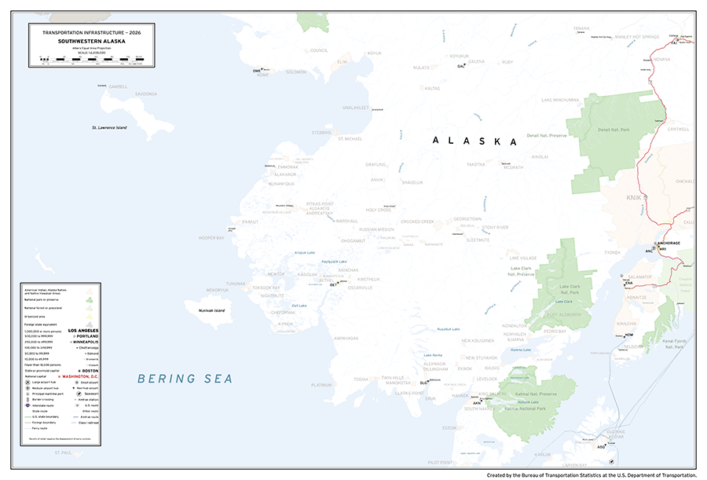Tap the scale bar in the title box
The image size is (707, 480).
point(92,59)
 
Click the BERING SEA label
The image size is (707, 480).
point(185,379)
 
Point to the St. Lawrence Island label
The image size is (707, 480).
point(109,127)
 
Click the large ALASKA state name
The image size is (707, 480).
point(475,141)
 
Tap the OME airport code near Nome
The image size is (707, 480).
point(256,71)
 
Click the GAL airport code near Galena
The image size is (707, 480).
point(461,67)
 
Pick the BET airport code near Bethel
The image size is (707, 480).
point(333,285)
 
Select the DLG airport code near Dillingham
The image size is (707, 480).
point(423,383)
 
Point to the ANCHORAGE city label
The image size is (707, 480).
point(669,244)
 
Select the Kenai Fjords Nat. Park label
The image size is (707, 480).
point(675,343)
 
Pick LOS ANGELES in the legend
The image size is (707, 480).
point(84,331)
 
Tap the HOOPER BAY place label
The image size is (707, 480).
point(211,237)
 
